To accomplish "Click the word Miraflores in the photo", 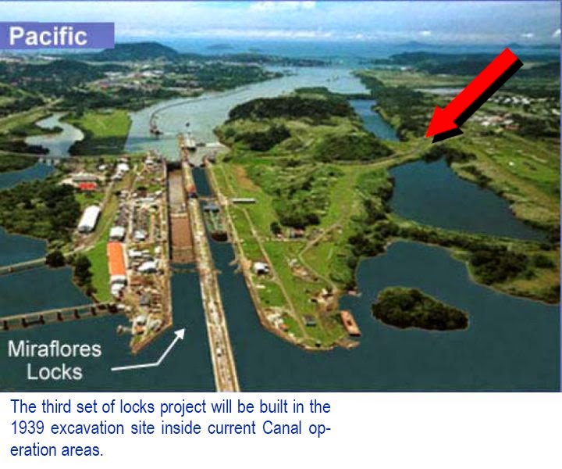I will point(60,349).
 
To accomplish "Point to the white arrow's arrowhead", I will point(183,333).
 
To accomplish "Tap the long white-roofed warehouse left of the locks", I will point(89,219).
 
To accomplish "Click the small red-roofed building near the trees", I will point(87,186).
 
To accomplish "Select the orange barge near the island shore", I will point(350,323).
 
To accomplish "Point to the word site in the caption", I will point(144,428).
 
